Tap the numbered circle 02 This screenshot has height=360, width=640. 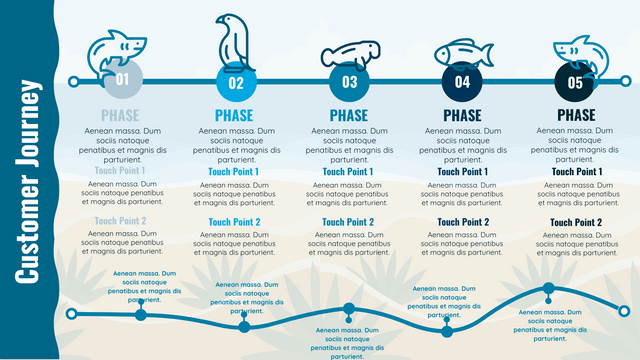pos(236,82)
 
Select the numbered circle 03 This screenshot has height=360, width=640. pos(349,82)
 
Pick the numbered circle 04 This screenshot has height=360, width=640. pos(462,82)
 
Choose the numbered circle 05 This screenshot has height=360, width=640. pos(575,82)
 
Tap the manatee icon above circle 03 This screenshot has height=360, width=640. pos(349,54)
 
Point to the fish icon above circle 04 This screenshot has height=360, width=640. pos(462,52)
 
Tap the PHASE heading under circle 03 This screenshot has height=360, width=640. pos(349,116)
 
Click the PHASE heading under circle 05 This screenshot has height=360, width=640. pos(576,116)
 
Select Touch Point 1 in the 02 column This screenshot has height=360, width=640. pos(234,172)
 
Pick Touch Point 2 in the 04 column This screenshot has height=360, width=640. pos(462,222)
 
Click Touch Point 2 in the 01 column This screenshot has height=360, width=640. pos(120,222)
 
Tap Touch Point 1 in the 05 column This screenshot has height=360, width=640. pos(576,172)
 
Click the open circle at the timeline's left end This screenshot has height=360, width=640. pos(72,81)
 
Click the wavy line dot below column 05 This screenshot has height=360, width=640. pos(549,290)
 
